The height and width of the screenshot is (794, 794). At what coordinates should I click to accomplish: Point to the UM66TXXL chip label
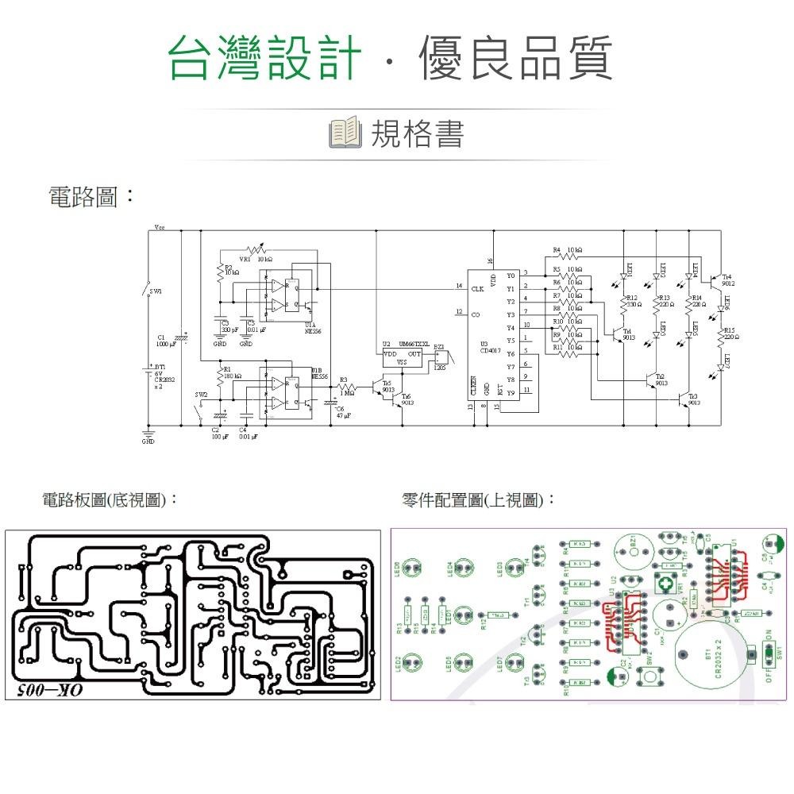[414, 344]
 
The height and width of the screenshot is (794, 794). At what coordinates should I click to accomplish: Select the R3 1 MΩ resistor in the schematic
[347, 387]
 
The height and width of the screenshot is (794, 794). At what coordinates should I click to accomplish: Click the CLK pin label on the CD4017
[477, 289]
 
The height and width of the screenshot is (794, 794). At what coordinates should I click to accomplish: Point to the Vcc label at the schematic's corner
[160, 226]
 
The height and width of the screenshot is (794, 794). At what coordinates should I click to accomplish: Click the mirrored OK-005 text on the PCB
[49, 689]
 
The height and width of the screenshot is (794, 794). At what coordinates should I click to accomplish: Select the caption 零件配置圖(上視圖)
[479, 500]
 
